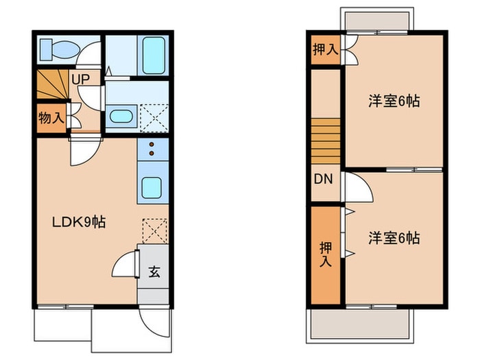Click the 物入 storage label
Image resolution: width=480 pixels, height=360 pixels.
tap(51, 118)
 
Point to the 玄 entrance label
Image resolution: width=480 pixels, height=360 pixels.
tap(154, 271)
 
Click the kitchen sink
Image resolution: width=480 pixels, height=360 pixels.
tap(152, 187)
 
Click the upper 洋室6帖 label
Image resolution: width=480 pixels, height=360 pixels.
tap(394, 101)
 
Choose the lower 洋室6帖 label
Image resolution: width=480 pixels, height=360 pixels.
tap(394, 239)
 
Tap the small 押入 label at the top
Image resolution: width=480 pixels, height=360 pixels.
tap(325, 49)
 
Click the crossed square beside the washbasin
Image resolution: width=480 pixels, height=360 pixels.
tap(155, 117)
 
